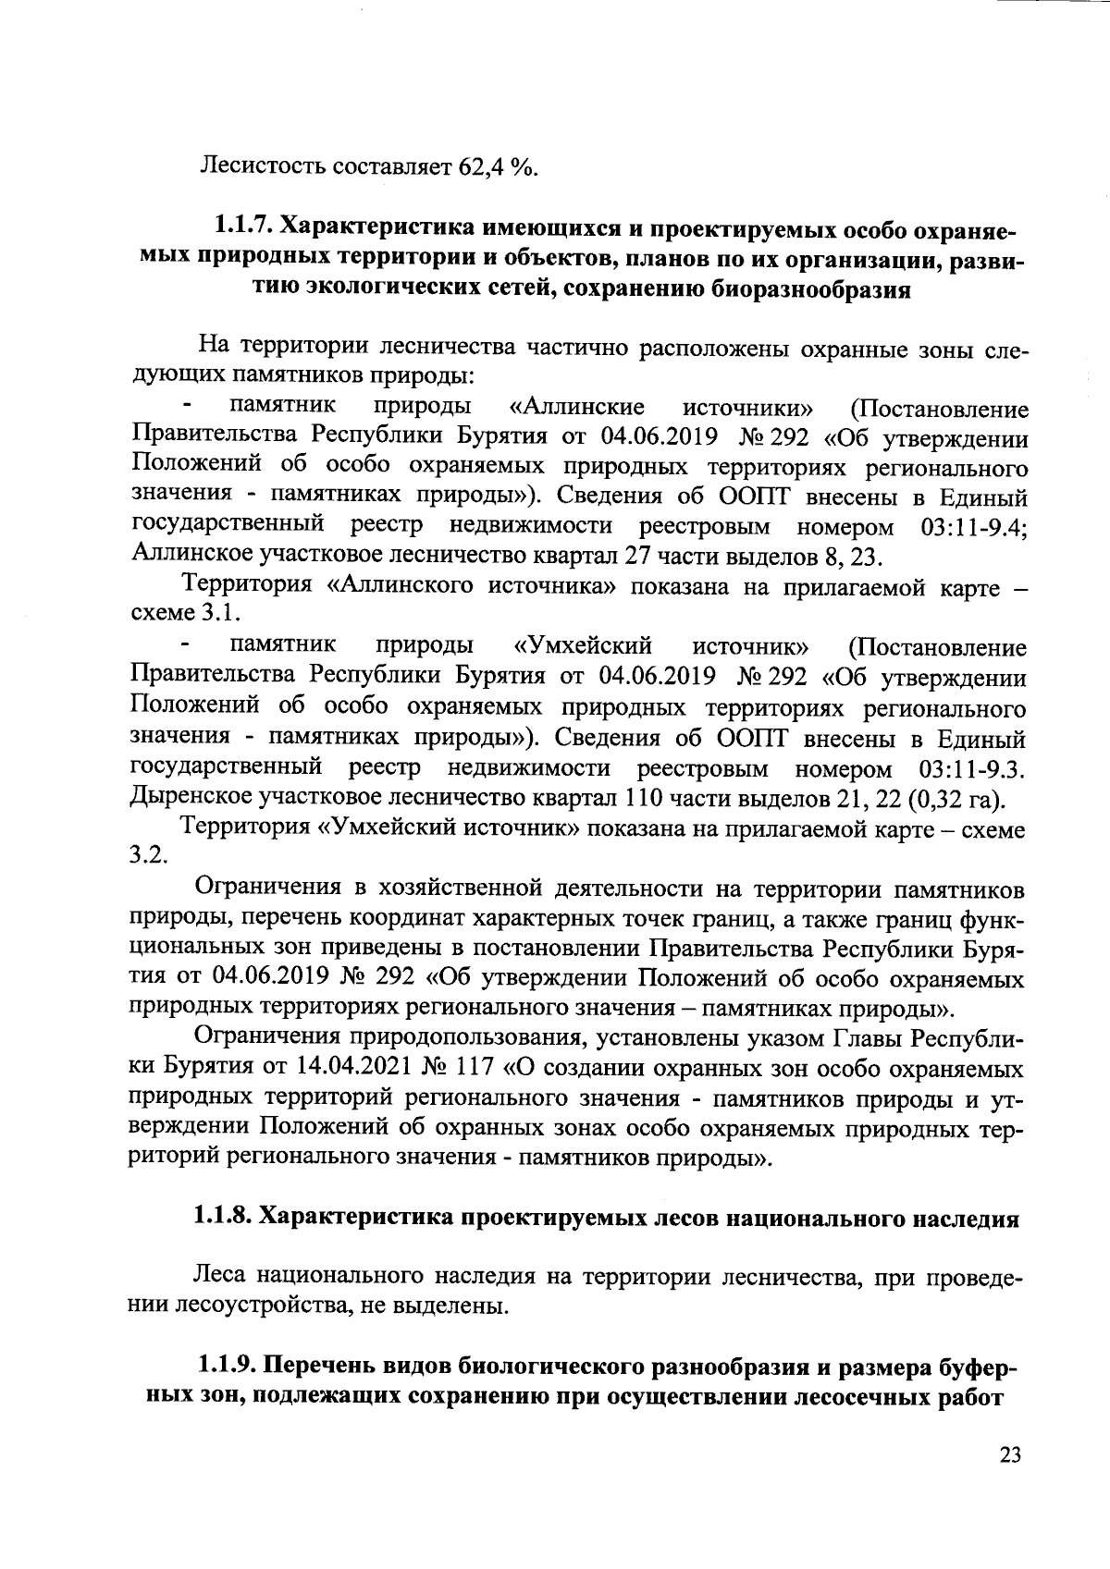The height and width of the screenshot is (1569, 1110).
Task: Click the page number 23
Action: [x=1010, y=1455]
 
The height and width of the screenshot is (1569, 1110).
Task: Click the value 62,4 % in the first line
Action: [x=498, y=167]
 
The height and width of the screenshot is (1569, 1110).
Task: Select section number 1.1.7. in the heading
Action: [x=243, y=226]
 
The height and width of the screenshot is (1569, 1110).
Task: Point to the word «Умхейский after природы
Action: [x=583, y=646]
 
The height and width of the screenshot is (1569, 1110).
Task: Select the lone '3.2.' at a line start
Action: [x=148, y=856]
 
